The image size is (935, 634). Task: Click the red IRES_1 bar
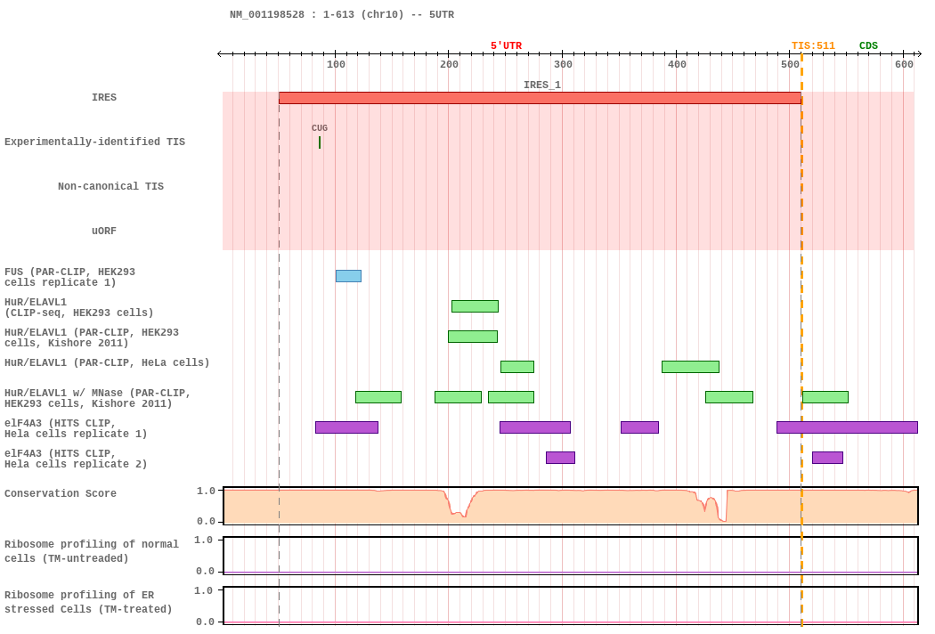point(540,98)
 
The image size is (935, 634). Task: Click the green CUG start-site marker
point(320,142)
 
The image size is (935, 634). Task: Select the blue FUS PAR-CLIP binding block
point(348,276)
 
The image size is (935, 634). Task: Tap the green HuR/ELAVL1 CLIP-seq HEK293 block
point(475,306)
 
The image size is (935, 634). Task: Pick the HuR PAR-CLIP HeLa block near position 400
point(690,367)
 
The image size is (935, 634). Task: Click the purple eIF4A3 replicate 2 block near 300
point(560,458)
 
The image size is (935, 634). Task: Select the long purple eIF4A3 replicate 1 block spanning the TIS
point(847,427)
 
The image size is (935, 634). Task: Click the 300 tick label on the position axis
point(563,64)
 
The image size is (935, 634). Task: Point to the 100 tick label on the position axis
point(336,64)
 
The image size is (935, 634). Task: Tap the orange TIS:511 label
point(813,46)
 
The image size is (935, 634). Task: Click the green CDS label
point(868,46)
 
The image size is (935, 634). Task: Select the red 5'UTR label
point(507,46)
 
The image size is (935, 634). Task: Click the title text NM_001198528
point(267,14)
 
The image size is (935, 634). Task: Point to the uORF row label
point(104,231)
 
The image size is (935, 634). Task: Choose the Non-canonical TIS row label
point(111,186)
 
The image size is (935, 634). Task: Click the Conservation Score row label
point(61,493)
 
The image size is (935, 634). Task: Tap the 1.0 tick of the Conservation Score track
point(206,491)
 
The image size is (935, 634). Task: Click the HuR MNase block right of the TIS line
point(825,397)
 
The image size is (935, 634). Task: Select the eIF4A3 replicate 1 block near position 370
point(640,427)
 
